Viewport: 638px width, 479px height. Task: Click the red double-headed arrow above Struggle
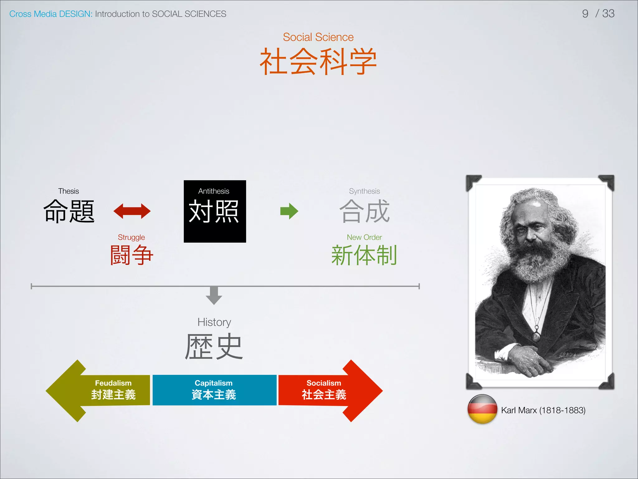point(132,211)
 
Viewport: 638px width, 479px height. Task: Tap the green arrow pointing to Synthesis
point(289,211)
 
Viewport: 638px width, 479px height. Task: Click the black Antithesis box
point(215,211)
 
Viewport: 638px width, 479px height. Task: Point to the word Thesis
point(69,191)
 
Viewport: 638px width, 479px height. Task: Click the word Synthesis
point(364,191)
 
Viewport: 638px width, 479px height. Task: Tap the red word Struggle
point(131,237)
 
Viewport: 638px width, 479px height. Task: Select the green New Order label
point(364,237)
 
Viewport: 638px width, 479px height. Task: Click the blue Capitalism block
point(214,390)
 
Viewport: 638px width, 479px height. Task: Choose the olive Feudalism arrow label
point(113,383)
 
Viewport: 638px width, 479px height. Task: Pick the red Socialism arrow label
point(324,383)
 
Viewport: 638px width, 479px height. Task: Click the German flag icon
point(482,409)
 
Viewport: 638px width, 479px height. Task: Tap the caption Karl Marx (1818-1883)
point(543,410)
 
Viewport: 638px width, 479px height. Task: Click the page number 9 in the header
point(585,14)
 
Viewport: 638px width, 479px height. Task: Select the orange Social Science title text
point(318,37)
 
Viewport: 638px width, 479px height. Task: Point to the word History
point(214,322)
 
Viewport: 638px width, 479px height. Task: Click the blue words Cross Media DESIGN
point(51,14)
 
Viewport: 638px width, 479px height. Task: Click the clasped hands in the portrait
point(526,359)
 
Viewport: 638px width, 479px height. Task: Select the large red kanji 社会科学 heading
point(318,61)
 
